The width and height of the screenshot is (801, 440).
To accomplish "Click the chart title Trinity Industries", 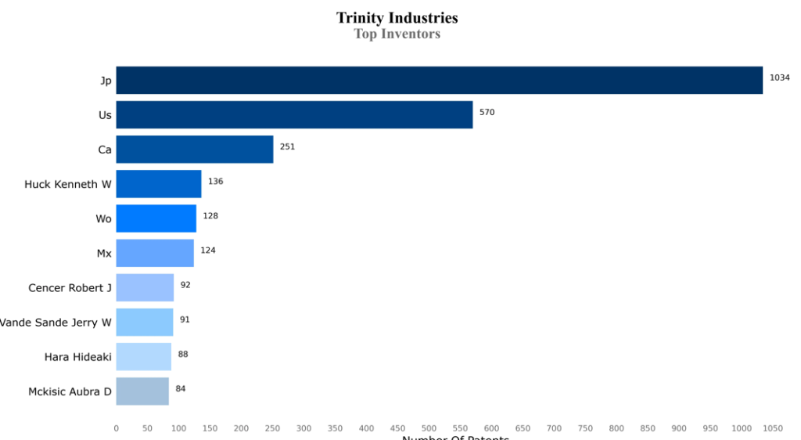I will pyautogui.click(x=397, y=17).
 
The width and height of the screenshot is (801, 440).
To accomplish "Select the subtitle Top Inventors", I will pyautogui.click(x=397, y=34).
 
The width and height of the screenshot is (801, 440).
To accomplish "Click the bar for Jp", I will pyautogui.click(x=439, y=80).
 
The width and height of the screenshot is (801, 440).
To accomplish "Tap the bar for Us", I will pyautogui.click(x=294, y=114).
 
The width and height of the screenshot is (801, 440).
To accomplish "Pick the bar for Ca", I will pyautogui.click(x=195, y=149).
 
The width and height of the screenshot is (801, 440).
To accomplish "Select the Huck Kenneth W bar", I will pyautogui.click(x=159, y=184).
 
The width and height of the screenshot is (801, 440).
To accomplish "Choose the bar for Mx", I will pyautogui.click(x=155, y=253).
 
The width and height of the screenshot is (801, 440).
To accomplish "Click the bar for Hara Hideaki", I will pyautogui.click(x=144, y=356).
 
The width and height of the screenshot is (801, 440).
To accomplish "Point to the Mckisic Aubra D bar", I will pyautogui.click(x=142, y=391).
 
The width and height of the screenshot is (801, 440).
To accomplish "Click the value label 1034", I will pyautogui.click(x=780, y=78).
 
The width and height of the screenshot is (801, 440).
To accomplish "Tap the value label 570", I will pyautogui.click(x=487, y=112).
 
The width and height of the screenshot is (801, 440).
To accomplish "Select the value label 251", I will pyautogui.click(x=287, y=146).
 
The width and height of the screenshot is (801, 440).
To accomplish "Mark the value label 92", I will pyautogui.click(x=185, y=285).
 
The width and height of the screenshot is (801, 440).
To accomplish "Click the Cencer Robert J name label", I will pyautogui.click(x=70, y=288).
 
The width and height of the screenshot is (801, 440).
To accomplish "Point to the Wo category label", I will pyautogui.click(x=103, y=218).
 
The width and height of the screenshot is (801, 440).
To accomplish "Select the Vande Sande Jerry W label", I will pyautogui.click(x=56, y=323).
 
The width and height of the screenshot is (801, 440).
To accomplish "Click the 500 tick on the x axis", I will pyautogui.click(x=429, y=428).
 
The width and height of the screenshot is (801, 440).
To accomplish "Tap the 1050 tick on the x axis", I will pyautogui.click(x=773, y=428).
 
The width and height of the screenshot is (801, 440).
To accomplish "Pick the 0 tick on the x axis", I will pyautogui.click(x=117, y=428).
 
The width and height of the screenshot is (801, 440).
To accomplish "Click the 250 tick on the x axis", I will pyautogui.click(x=273, y=428).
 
